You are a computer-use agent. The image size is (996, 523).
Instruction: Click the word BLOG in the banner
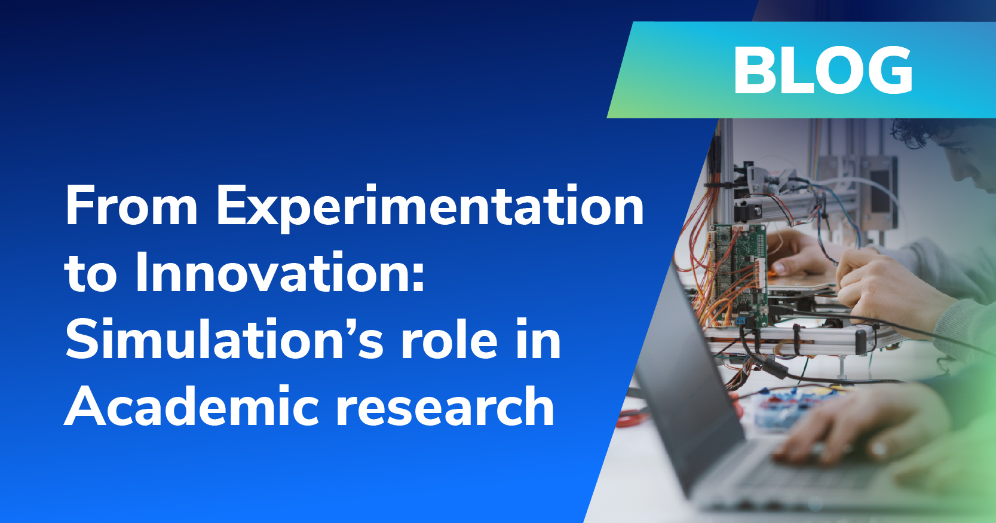pyautogui.click(x=823, y=71)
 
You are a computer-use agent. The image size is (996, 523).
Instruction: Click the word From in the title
pyautogui.click(x=131, y=206)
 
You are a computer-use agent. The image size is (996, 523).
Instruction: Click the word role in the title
pyautogui.click(x=449, y=340)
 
